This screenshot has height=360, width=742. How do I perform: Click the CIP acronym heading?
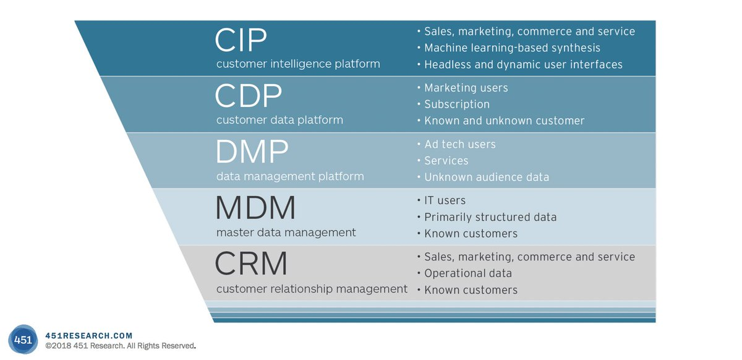pyautogui.click(x=241, y=40)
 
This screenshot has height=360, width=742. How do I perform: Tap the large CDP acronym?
pyautogui.click(x=249, y=95)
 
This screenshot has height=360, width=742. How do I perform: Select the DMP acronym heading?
pyautogui.click(x=252, y=152)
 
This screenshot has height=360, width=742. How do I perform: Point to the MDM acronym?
pyautogui.click(x=255, y=208)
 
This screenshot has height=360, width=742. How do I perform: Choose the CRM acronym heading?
pyautogui.click(x=251, y=264)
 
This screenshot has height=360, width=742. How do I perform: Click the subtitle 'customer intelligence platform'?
pyautogui.click(x=298, y=64)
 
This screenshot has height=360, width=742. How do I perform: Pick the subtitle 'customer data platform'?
pyautogui.click(x=279, y=119)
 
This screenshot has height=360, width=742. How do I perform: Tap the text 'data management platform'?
pyautogui.click(x=290, y=176)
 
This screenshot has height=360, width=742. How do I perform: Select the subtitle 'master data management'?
pyautogui.click(x=286, y=233)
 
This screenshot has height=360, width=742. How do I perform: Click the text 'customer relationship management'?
pyautogui.click(x=312, y=289)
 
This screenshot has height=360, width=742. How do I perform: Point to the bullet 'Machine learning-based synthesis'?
pyautogui.click(x=512, y=48)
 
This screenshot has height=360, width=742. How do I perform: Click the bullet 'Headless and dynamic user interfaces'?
pyautogui.click(x=523, y=64)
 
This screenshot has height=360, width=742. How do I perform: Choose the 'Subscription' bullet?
pyautogui.click(x=457, y=105)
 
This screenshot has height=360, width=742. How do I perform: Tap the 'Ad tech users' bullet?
pyautogui.click(x=460, y=144)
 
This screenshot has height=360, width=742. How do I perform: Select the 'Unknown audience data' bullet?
pyautogui.click(x=487, y=177)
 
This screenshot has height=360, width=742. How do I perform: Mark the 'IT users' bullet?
pyautogui.click(x=445, y=200)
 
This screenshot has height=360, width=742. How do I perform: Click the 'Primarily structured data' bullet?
pyautogui.click(x=490, y=217)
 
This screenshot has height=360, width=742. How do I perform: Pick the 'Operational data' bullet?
pyautogui.click(x=468, y=273)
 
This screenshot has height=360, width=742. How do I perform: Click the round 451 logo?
pyautogui.click(x=23, y=340)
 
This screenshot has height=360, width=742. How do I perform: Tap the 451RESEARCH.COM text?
pyautogui.click(x=89, y=336)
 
